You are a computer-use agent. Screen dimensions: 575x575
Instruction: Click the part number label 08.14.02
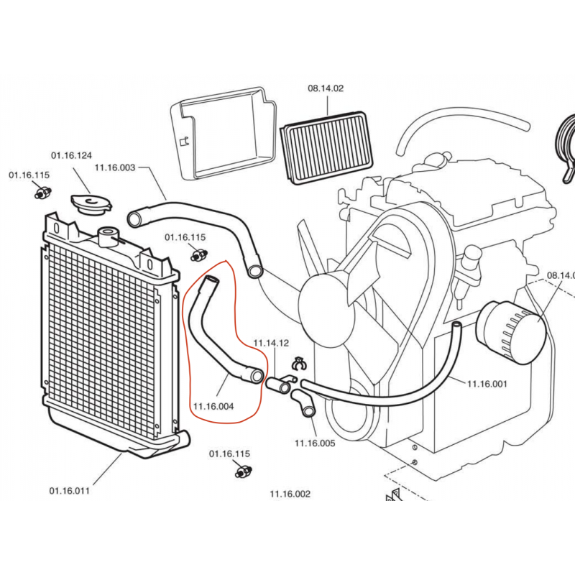click(326, 89)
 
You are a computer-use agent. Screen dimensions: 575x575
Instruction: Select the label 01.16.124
click(71, 155)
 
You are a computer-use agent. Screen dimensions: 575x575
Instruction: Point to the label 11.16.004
click(213, 406)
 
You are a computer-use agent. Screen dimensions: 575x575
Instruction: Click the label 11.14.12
click(271, 344)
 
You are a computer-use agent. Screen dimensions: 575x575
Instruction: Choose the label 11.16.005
click(315, 443)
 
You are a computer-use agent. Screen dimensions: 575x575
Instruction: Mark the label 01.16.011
click(70, 492)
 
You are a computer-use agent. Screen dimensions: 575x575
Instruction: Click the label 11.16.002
click(290, 494)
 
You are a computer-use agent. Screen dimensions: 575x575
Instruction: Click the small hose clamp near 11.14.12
click(298, 364)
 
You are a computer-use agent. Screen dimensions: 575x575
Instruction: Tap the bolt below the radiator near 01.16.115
click(244, 471)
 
